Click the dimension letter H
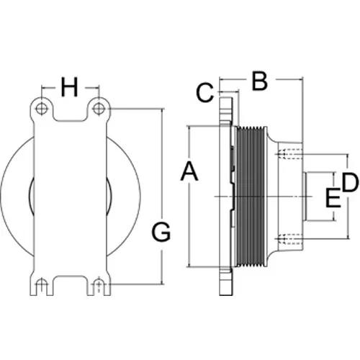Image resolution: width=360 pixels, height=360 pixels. [x=70, y=87]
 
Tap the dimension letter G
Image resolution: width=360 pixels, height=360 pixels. [x=161, y=232]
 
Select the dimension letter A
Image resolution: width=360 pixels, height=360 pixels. [x=189, y=171]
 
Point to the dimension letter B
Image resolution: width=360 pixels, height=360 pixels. [x=260, y=81]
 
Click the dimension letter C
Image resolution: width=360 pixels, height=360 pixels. [x=205, y=93]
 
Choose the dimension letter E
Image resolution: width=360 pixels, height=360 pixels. [x=333, y=198]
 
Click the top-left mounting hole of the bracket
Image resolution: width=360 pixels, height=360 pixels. [x=42, y=109]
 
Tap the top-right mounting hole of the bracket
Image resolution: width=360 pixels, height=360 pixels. [x=99, y=109]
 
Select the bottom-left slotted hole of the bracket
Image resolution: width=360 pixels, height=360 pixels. [x=42, y=286]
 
